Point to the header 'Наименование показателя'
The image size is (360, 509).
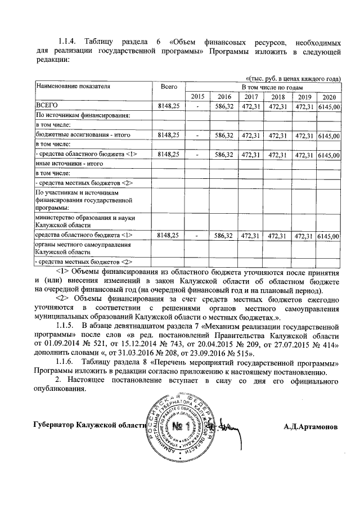[x=73, y=87]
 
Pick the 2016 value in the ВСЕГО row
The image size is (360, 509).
[x=224, y=106]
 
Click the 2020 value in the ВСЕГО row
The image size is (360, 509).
[x=329, y=106]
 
